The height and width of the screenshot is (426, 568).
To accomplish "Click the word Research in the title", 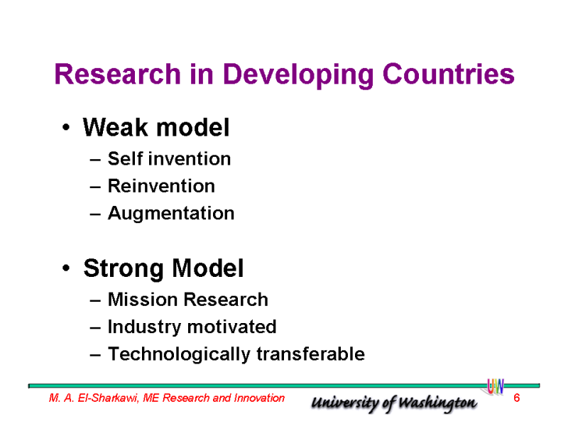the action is [117, 74].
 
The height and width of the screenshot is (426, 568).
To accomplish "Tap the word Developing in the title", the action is [298, 75].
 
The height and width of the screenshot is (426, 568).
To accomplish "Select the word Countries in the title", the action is [449, 74].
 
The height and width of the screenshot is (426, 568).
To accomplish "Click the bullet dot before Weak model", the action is [66, 127].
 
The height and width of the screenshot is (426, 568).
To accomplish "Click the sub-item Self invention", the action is [169, 158].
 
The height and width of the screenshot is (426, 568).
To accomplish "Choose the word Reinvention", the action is [161, 186].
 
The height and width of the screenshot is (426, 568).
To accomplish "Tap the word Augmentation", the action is [171, 214].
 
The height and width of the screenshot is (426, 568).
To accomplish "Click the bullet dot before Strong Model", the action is [66, 268].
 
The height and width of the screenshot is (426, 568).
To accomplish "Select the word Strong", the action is [124, 269].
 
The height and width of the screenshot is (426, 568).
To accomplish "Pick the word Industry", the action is [144, 327].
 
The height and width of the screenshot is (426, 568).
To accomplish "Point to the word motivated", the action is [232, 327].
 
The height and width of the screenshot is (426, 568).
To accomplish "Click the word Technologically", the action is [179, 354].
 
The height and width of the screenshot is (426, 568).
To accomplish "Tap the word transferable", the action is [310, 354].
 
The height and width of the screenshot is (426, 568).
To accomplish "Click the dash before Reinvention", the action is [95, 187].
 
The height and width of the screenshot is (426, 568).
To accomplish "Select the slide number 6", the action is [517, 398].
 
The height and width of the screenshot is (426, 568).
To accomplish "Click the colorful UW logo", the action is [495, 386].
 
